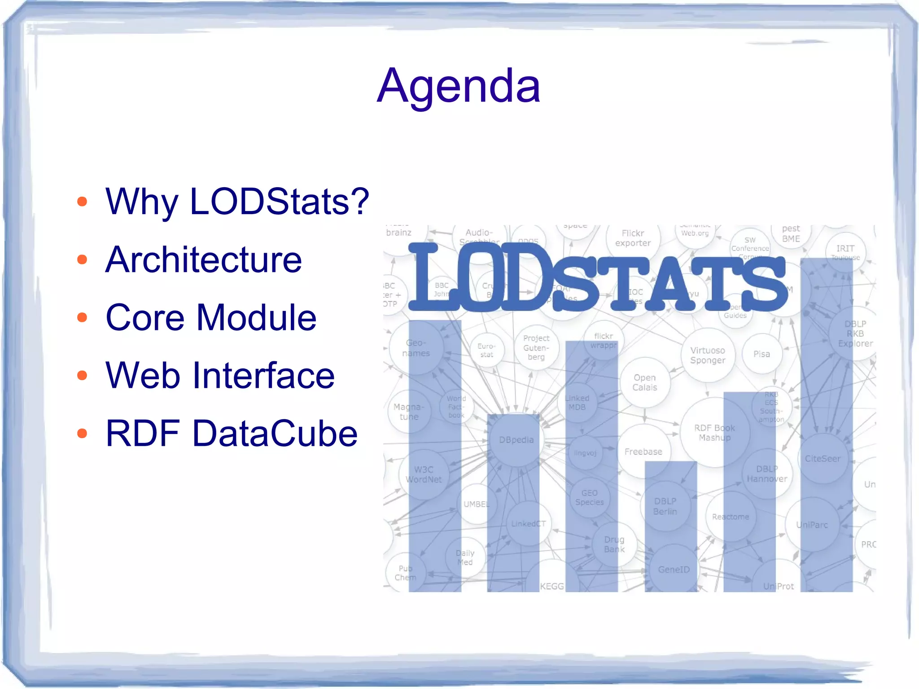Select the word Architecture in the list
[204, 259]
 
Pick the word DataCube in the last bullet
[275, 434]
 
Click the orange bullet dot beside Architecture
[82, 259]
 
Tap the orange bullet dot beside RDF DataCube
[82, 434]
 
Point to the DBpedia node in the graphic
[516, 440]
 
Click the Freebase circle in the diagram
[643, 452]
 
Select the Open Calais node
[645, 382]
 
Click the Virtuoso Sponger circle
[708, 355]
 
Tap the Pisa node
[761, 354]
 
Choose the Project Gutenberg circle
[536, 347]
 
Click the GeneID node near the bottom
[674, 570]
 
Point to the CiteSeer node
[823, 459]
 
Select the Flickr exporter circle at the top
[633, 238]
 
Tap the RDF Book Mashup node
[714, 433]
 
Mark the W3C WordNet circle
[424, 474]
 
